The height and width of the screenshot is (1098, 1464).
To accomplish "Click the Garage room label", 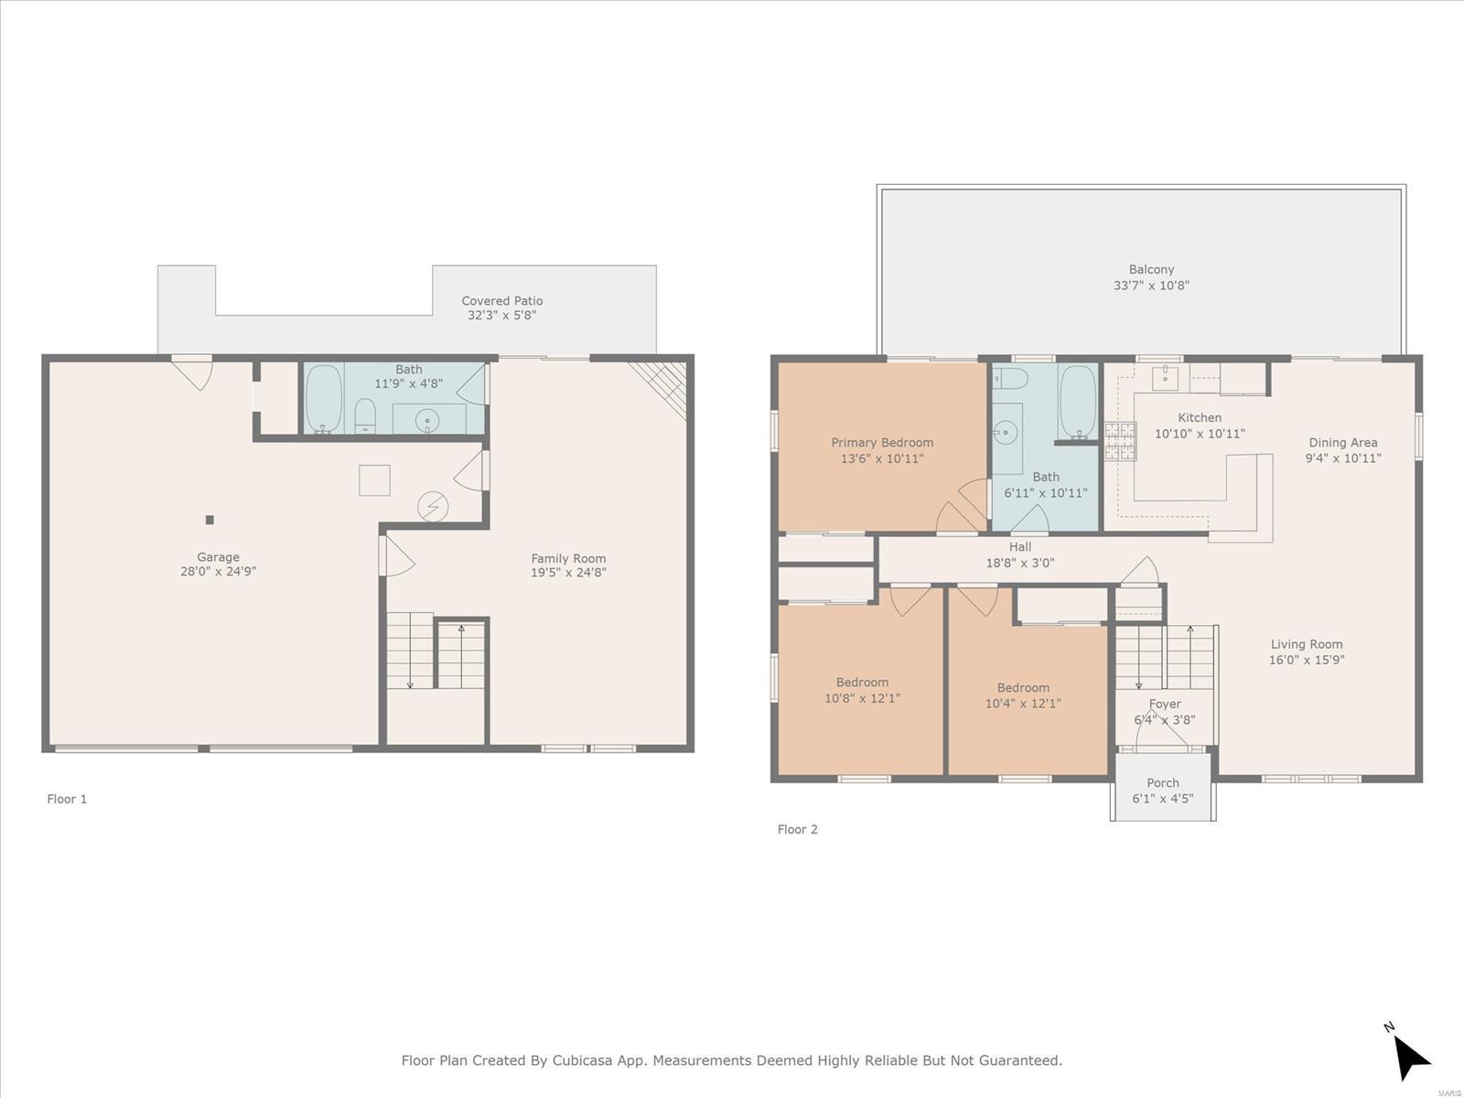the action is point(218,556).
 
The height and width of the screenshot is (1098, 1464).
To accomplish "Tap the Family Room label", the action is point(568,558).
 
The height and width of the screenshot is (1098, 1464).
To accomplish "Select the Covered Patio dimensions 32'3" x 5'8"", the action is point(501,316).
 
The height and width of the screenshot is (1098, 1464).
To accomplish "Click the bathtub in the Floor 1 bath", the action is point(324,399).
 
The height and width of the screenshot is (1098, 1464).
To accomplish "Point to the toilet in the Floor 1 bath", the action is point(365,416).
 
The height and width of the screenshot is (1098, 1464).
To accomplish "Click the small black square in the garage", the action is point(210,520).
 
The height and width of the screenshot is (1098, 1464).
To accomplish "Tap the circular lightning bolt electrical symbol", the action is point(433,507).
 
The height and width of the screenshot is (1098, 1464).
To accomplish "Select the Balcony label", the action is point(1151,269).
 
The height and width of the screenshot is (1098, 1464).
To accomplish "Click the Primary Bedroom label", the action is point(882,442).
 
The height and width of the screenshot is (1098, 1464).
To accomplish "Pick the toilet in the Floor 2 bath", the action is point(1010,379).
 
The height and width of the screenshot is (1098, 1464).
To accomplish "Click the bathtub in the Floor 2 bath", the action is point(1078,401).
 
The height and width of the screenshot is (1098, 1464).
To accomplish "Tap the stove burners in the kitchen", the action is point(1120,441).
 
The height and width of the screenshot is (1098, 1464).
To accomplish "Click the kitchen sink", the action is point(1165,379).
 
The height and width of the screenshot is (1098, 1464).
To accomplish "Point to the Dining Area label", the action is point(1342,442).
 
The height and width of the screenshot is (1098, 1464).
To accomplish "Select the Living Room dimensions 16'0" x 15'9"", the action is point(1306,660).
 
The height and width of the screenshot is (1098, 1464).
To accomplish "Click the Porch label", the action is point(1163,782).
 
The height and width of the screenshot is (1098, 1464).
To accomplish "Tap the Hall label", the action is point(1020,546).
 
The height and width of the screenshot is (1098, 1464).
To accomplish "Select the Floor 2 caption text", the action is point(797,829).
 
